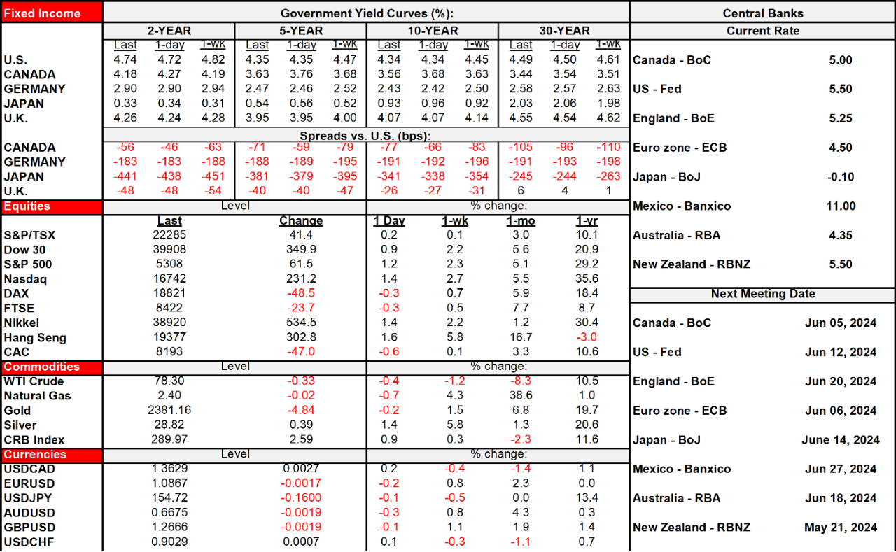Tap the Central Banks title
coord(762,13)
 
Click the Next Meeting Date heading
coord(762,294)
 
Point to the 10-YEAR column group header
coord(432,31)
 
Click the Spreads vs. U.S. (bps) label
coord(366,134)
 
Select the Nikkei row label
coord(21,323)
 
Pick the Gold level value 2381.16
coord(169,411)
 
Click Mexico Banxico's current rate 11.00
coord(840,206)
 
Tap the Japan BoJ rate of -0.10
coord(840,177)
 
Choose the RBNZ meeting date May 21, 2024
coord(841,528)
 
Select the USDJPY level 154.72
coord(169,498)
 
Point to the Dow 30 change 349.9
coord(301,250)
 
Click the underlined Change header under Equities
coord(301,221)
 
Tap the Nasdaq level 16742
coord(169,279)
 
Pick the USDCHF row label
coord(29,542)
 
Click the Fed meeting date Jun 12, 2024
coord(841,352)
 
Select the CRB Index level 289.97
coord(169,440)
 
